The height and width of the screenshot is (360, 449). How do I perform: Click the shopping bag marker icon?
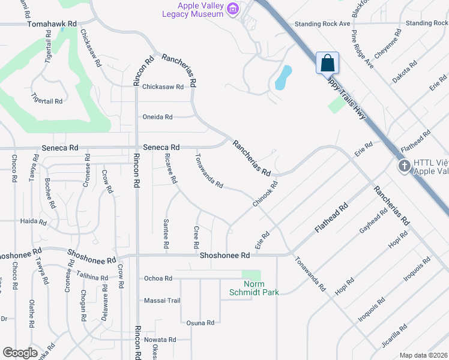(327, 62)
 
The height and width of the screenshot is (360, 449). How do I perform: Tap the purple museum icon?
(233, 9)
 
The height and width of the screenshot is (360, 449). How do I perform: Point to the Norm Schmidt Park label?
(254, 289)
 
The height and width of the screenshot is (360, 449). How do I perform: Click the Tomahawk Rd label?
(53, 23)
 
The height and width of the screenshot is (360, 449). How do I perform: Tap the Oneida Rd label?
(157, 117)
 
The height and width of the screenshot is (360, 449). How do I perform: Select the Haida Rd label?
(33, 221)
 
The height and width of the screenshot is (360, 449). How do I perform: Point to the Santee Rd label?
(166, 234)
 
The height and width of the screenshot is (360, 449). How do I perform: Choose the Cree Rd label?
(196, 238)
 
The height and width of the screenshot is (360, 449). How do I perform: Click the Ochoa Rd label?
(158, 278)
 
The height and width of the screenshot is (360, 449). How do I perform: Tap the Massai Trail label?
(162, 300)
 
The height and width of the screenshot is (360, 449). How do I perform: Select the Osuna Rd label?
(200, 323)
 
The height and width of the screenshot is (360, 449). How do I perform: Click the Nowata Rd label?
(160, 340)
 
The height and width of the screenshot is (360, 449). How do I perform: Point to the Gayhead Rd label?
(373, 223)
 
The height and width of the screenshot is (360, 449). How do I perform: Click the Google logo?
(20, 353)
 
